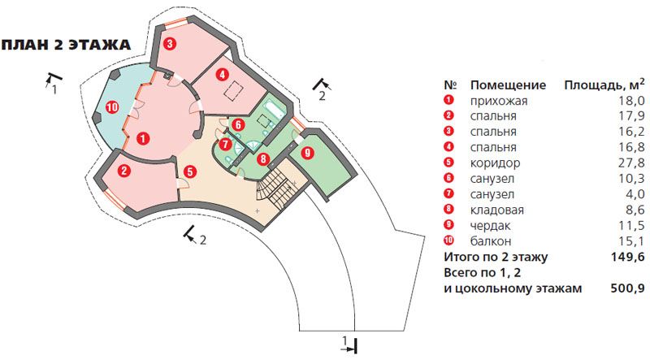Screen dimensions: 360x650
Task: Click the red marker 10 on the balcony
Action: pos(112,107)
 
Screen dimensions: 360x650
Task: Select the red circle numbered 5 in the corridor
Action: pos(189,171)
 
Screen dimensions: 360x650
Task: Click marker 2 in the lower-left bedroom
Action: pos(124,171)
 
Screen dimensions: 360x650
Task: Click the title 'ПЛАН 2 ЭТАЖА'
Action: pos(68,46)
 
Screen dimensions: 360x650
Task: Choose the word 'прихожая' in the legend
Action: pos(499,101)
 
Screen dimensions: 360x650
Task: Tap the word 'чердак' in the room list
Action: pos(491,224)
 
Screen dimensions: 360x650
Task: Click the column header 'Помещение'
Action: pos(506,85)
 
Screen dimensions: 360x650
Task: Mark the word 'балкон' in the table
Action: pos(491,240)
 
